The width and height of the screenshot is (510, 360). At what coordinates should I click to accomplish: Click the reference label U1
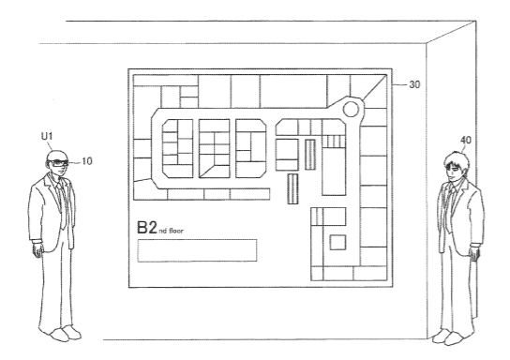47,137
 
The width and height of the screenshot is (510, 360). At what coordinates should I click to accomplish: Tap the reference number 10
87,161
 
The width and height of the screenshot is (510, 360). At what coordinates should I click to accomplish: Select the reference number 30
414,84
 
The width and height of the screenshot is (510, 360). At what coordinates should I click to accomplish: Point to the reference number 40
465,141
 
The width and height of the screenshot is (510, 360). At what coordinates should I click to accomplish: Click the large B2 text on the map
147,227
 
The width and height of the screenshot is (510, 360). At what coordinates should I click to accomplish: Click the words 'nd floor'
171,231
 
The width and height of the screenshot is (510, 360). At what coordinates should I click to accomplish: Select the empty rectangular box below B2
197,250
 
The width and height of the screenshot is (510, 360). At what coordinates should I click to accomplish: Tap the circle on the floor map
351,109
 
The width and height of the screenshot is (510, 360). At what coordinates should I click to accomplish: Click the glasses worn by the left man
58,163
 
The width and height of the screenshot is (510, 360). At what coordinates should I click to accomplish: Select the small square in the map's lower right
337,242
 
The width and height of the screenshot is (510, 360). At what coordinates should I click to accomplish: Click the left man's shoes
66,333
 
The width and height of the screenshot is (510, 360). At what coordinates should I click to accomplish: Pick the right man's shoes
448,337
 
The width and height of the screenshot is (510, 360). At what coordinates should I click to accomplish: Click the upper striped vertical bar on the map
310,155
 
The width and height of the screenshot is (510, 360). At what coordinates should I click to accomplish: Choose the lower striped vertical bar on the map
292,188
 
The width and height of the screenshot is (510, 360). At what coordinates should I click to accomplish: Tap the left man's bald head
55,156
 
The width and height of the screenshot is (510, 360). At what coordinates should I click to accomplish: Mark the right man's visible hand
473,253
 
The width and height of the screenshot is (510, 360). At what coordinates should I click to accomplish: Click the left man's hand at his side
38,249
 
